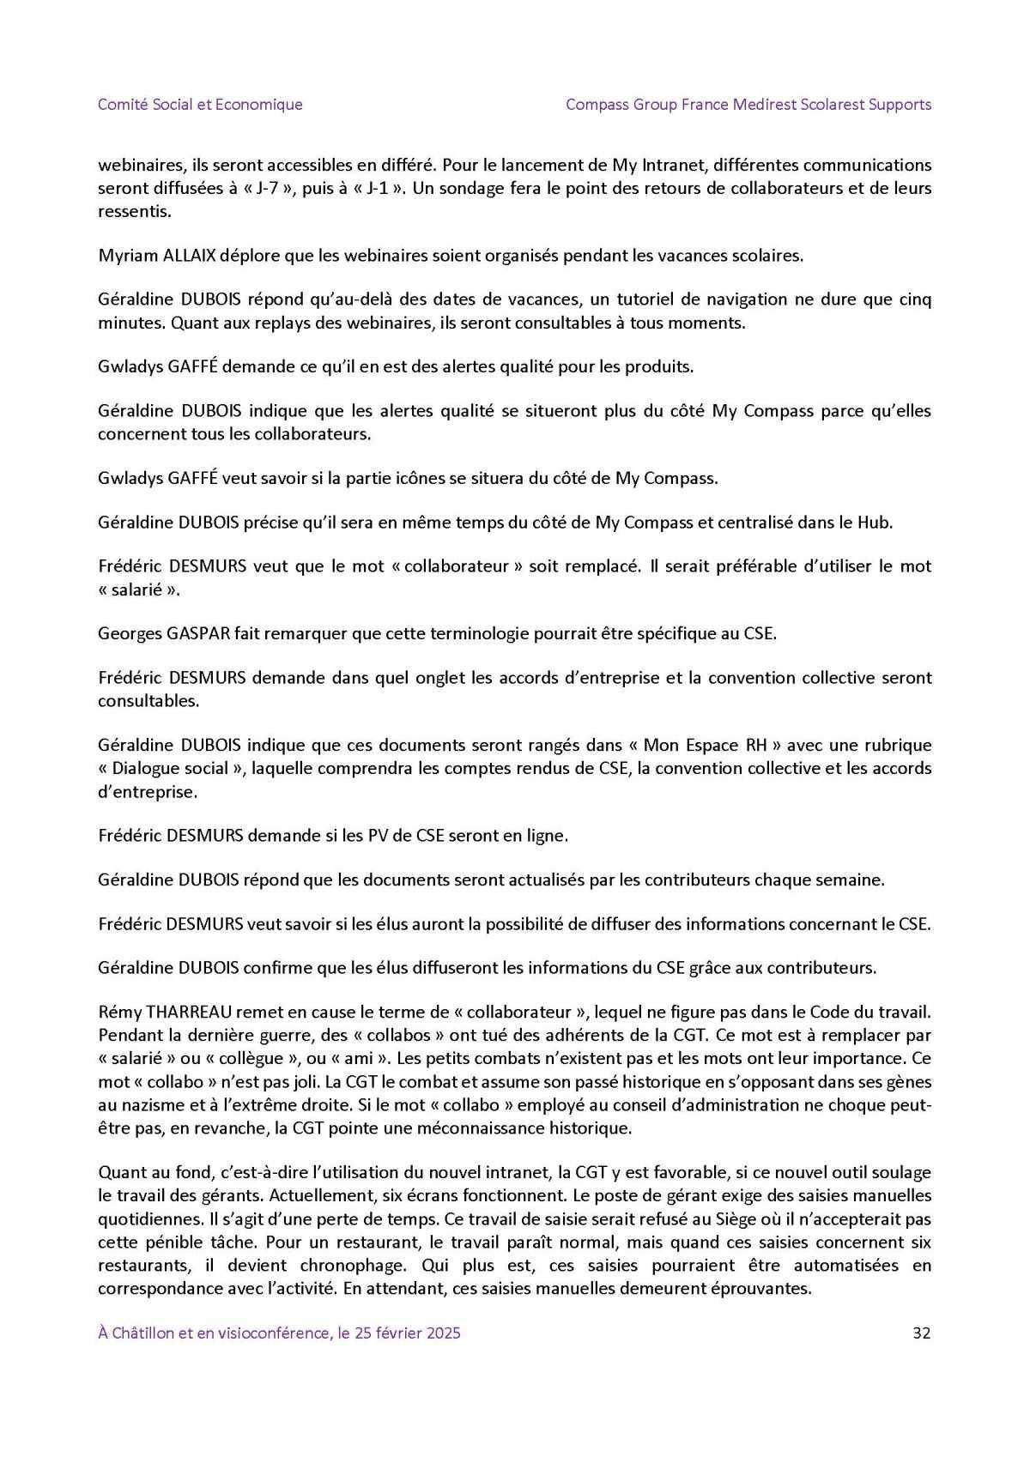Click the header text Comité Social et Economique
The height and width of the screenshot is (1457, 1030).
coord(200,105)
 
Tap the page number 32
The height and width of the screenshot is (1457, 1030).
coord(922,1333)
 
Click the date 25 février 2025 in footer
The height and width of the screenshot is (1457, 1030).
coord(402,1333)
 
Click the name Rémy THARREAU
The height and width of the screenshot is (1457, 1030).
coord(165,1013)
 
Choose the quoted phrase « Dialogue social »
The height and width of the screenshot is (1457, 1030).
coord(170,768)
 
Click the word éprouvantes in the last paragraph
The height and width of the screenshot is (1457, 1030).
coord(762,1288)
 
